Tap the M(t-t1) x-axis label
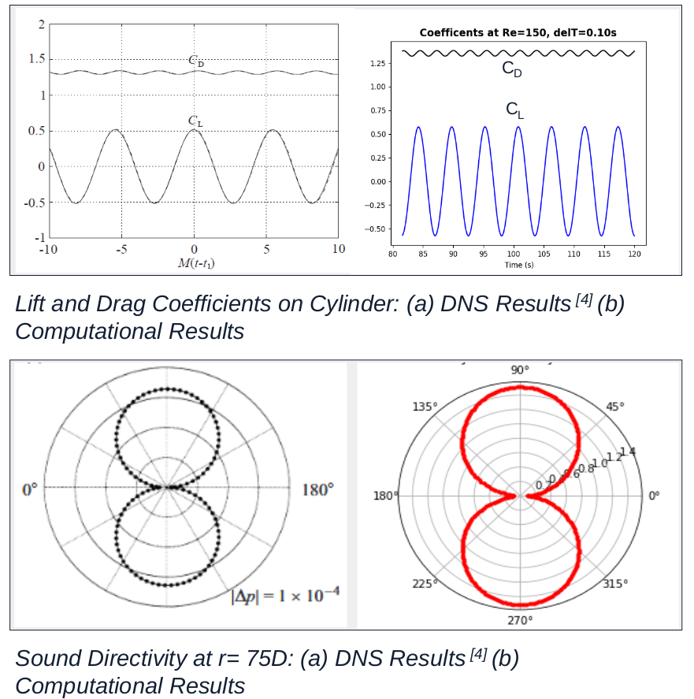click(195, 263)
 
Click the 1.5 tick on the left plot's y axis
click(35, 59)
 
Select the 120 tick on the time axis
click(634, 254)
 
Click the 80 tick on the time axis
click(392, 254)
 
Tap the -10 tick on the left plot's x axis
click(48, 249)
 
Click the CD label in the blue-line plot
click(512, 69)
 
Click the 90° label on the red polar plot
click(520, 370)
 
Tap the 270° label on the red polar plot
click(520, 621)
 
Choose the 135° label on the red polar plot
click(425, 407)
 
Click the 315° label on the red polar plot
click(615, 584)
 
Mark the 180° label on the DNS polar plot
click(318, 489)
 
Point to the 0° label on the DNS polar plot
click(29, 489)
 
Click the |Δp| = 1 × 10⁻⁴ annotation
click(284, 595)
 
